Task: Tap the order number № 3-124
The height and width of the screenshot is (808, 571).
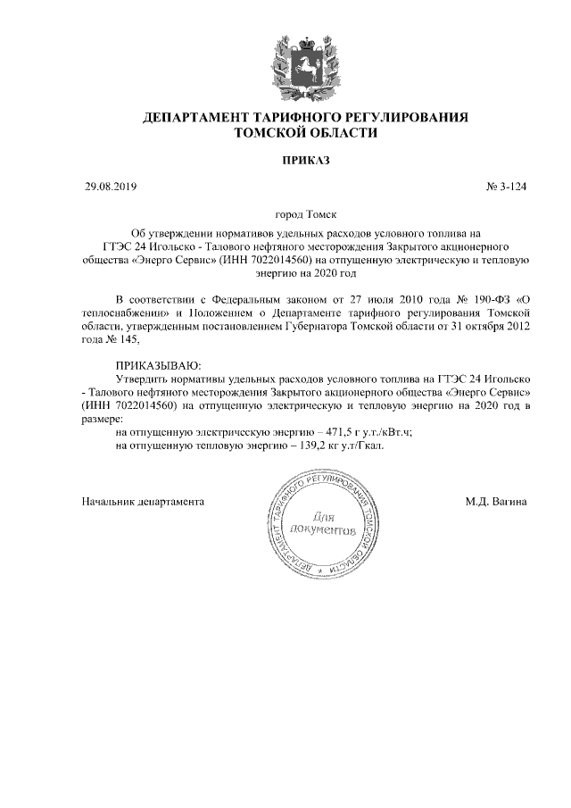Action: point(506,187)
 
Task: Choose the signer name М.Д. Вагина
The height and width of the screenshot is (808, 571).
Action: point(495,501)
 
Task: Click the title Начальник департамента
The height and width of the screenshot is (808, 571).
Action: point(144,501)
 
